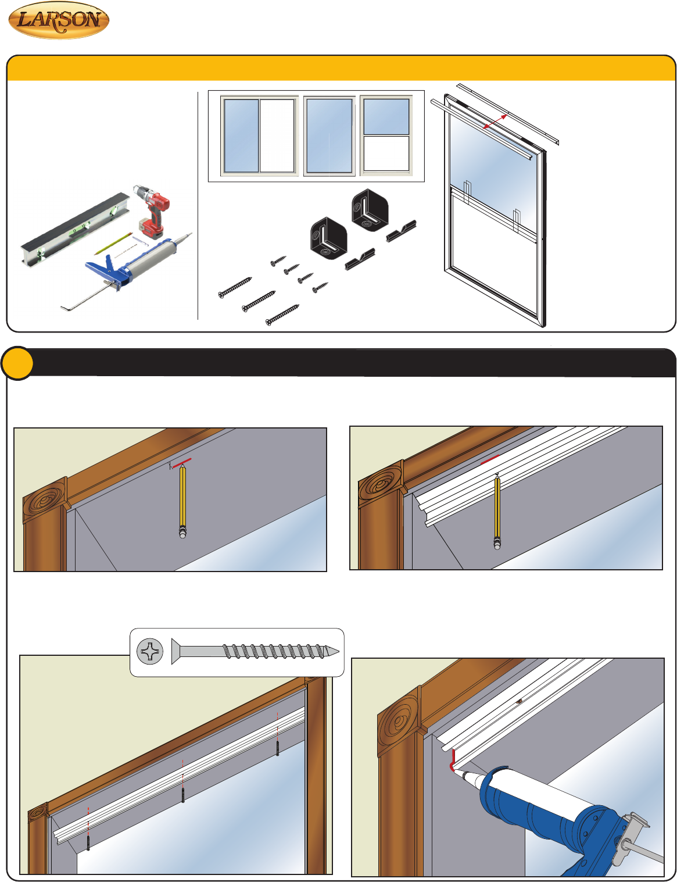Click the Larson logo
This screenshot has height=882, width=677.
point(59,20)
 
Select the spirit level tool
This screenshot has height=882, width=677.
point(75,231)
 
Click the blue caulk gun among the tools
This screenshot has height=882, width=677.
point(126,270)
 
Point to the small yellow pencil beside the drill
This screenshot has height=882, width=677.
point(113,244)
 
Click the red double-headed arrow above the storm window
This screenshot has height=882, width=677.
point(495,122)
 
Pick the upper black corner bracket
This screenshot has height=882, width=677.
point(370,210)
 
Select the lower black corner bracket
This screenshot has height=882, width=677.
point(328,238)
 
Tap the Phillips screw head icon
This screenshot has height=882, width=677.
point(150,651)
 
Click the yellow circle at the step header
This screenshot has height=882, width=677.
point(17,363)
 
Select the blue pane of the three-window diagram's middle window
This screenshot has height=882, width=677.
point(329,135)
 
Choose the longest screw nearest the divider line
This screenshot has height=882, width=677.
point(235,288)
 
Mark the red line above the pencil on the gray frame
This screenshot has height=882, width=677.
point(181,463)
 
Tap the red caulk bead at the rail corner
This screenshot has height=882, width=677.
point(453,762)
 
